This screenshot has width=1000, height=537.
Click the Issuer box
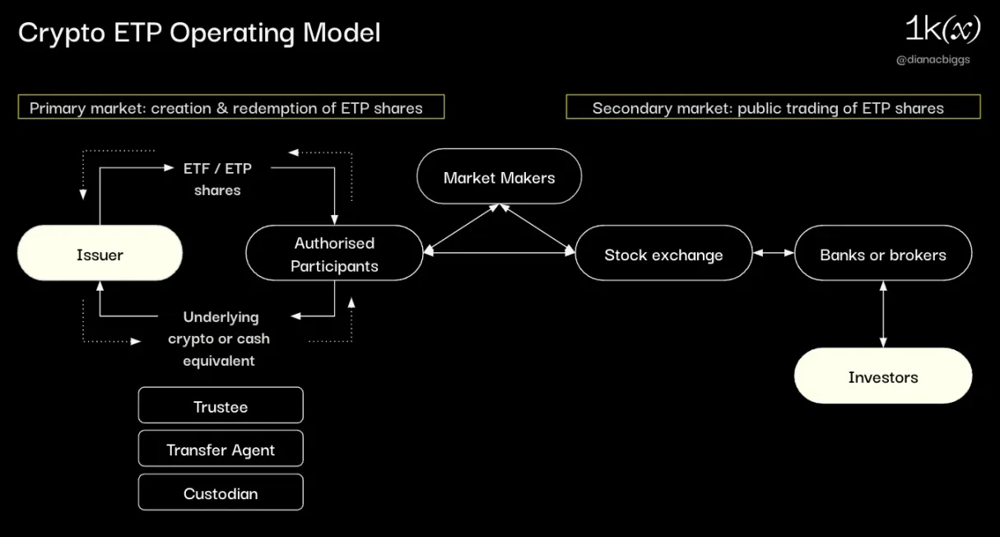pos(100,254)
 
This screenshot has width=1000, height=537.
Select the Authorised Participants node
pos(334,254)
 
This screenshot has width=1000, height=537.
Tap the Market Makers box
pos(499,177)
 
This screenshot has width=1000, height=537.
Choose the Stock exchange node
pos(663,254)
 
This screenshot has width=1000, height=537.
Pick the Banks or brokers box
pos(882,254)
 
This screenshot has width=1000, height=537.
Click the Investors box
pos(882,376)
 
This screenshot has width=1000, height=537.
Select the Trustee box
pos(221,406)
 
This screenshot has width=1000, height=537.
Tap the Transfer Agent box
pos(221,450)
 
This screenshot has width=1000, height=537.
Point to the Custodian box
pos(221,493)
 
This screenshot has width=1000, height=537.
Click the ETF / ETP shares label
pos(217,179)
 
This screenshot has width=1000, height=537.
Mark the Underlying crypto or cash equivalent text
pos(219,339)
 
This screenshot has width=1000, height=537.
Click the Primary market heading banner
pos(231,107)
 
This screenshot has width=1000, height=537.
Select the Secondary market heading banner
pos(773,107)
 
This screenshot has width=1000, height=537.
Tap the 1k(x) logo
pos(942,30)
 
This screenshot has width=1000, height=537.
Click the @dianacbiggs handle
pos(933,60)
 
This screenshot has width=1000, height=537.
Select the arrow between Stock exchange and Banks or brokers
pos(773,254)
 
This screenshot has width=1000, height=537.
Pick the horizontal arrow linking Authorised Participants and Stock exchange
pos(499,254)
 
